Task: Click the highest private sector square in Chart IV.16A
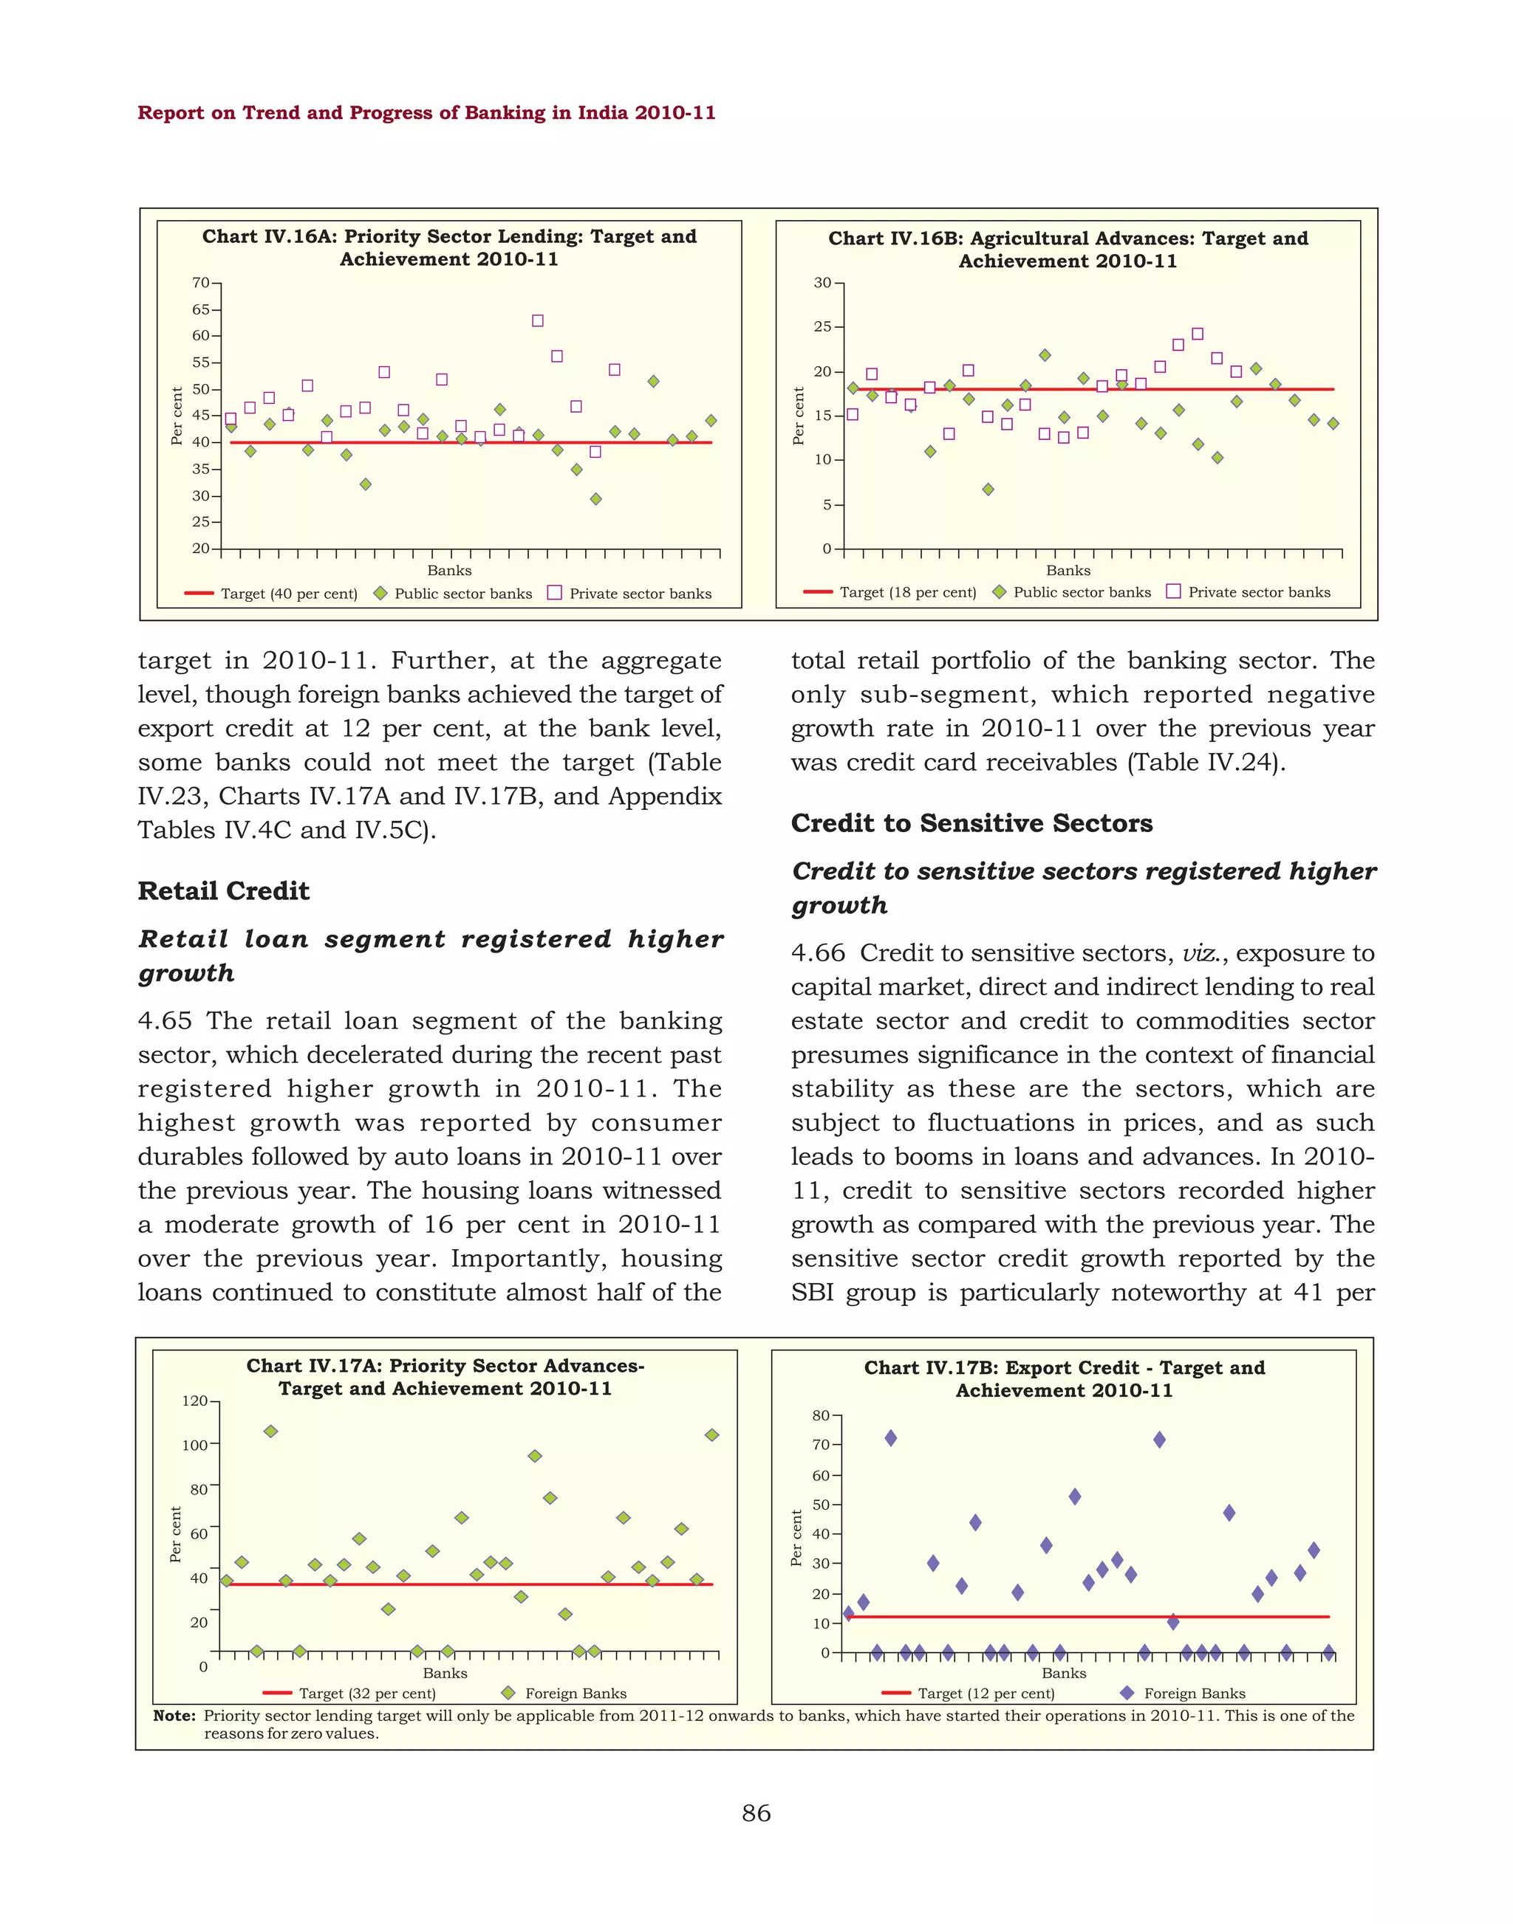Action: click(538, 320)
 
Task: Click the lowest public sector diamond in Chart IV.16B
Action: click(988, 489)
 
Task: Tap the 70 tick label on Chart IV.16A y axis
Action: click(200, 284)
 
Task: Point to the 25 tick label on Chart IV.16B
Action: click(823, 327)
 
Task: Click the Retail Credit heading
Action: click(223, 890)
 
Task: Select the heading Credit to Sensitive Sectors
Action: click(971, 823)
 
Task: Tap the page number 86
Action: click(756, 1813)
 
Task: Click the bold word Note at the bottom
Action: click(174, 1715)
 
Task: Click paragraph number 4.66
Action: click(818, 954)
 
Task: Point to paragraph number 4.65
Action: click(165, 1021)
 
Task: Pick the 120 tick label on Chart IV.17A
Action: click(194, 1401)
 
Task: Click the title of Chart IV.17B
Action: click(1064, 1378)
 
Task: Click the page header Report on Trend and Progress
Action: click(426, 112)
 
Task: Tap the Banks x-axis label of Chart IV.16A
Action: click(449, 570)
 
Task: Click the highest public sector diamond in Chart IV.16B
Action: click(1045, 355)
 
